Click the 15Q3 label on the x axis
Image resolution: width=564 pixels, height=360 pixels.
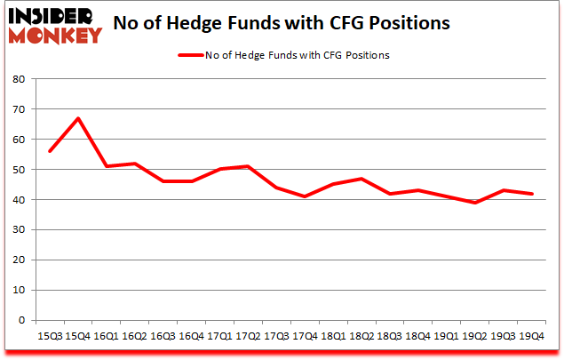[50, 337]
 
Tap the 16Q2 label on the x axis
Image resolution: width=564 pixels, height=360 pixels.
[134, 337]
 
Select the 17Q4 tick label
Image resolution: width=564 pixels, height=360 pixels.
[306, 337]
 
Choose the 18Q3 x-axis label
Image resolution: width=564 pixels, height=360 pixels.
[392, 337]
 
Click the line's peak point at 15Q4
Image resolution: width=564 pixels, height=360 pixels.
[78, 118]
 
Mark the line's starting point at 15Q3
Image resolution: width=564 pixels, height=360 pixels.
[50, 151]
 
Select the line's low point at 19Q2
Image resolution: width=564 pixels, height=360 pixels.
[477, 203]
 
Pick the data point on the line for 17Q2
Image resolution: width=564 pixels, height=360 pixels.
[249, 166]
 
